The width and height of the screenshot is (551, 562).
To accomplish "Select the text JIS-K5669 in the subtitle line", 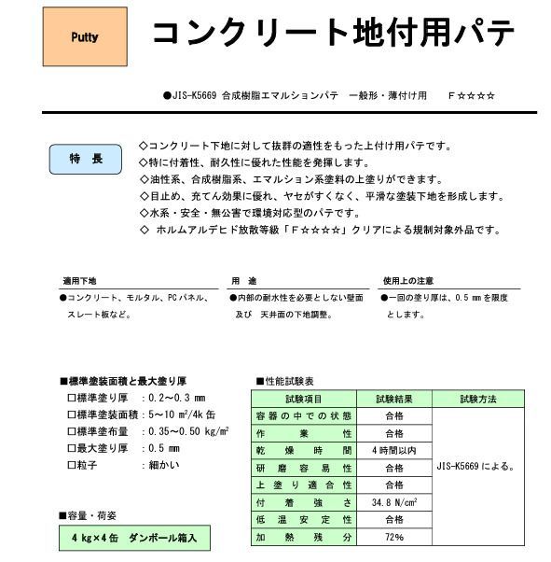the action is click(x=197, y=95).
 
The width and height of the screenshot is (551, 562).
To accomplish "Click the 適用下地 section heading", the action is click(x=79, y=280).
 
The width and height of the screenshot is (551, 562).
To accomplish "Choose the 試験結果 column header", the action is click(x=393, y=399).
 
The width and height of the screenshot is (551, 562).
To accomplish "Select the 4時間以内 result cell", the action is click(x=393, y=451).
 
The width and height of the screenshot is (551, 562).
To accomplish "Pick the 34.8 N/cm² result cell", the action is click(x=393, y=503).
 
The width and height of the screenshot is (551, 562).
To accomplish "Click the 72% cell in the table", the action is click(x=393, y=539).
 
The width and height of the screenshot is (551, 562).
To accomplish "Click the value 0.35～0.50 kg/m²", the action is click(x=190, y=432).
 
